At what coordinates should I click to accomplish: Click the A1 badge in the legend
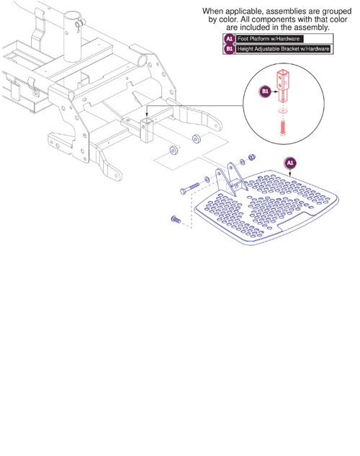click(230, 38)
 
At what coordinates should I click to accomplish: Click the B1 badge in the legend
click(230, 49)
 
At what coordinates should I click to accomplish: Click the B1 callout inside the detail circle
click(264, 92)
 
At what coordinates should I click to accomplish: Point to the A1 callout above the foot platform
click(290, 163)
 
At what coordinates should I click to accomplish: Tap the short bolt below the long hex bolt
click(175, 219)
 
